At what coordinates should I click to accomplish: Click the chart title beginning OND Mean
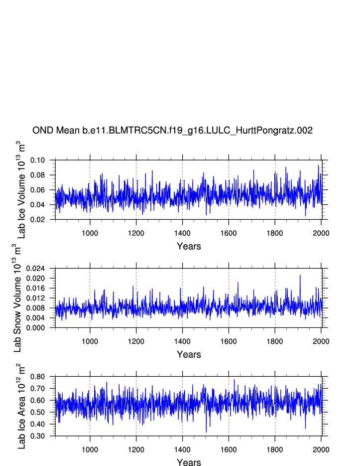172,131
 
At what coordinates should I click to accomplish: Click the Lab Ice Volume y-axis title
21,189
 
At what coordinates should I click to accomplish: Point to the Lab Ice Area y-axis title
21,406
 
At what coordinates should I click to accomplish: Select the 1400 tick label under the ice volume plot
182,232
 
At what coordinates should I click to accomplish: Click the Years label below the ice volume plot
189,246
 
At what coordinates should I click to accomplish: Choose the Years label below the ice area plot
189,463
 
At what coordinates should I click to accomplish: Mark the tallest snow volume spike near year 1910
300,276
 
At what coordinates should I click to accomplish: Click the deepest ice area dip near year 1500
206,432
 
